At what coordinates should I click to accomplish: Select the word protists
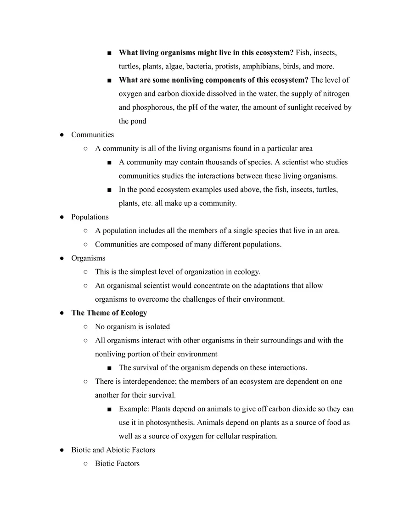pyautogui.click(x=227, y=66)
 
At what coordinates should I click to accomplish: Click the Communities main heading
pyautogui.click(x=92, y=135)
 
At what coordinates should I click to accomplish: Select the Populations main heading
pyautogui.click(x=90, y=217)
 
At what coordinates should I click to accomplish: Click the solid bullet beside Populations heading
pyautogui.click(x=62, y=217)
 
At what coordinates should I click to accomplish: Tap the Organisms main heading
pyautogui.click(x=88, y=258)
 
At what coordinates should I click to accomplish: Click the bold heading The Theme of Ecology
pyautogui.click(x=109, y=313)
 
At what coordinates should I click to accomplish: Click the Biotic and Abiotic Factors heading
pyautogui.click(x=113, y=450)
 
